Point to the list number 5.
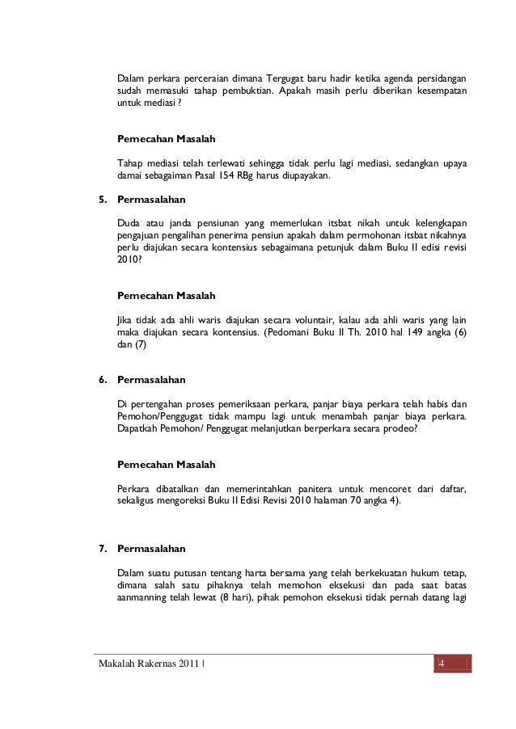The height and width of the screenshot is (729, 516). tap(102, 199)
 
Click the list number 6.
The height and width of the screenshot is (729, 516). tap(102, 378)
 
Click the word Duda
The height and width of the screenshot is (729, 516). tap(129, 223)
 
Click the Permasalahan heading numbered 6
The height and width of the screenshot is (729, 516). tap(152, 378)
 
